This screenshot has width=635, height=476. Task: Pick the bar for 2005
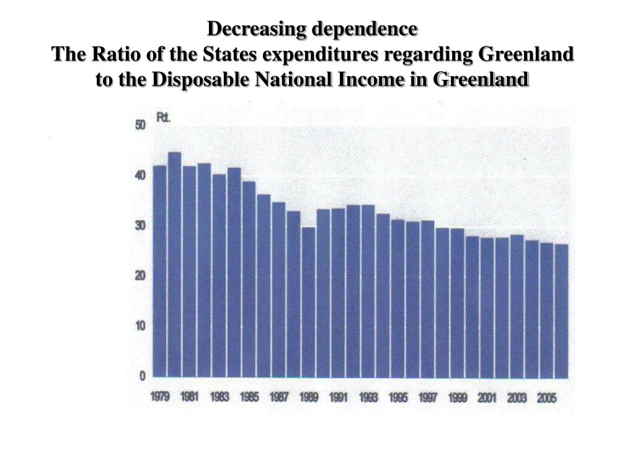(546, 310)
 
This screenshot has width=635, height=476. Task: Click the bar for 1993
(368, 291)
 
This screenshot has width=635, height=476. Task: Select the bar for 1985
(249, 279)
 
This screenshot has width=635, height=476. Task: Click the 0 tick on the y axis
(142, 376)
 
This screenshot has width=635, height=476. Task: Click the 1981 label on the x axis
(189, 398)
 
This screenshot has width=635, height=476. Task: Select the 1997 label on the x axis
(428, 398)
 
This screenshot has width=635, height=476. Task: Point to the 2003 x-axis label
(517, 398)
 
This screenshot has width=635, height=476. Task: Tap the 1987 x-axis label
(278, 398)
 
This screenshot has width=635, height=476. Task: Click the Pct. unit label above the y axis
(163, 117)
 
